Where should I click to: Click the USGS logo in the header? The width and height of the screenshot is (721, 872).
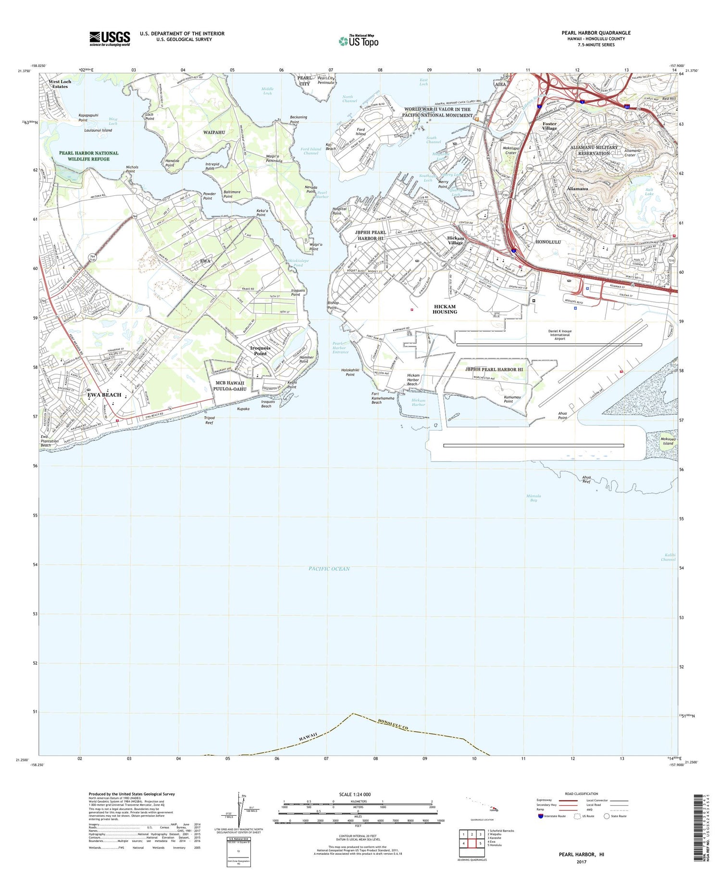(110, 38)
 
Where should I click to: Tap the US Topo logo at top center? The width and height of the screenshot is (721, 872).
(359, 41)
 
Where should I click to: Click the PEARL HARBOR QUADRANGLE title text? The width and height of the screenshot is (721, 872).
(596, 33)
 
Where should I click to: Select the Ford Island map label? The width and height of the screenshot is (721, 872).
(360, 132)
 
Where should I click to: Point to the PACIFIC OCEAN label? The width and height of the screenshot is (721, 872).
(329, 569)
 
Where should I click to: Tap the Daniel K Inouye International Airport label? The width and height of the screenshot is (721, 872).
(560, 335)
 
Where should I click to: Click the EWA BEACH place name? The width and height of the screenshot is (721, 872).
(104, 395)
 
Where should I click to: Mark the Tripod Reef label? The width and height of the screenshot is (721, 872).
(209, 420)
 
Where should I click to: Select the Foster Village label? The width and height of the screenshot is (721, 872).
(549, 126)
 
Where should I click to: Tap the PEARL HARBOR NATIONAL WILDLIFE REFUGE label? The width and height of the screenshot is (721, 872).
(88, 156)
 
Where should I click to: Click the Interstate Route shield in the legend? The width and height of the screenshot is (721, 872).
(540, 816)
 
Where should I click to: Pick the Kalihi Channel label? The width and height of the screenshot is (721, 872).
(668, 557)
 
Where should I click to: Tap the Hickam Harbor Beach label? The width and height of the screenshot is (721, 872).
(413, 380)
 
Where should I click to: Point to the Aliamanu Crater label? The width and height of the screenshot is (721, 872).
(630, 152)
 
